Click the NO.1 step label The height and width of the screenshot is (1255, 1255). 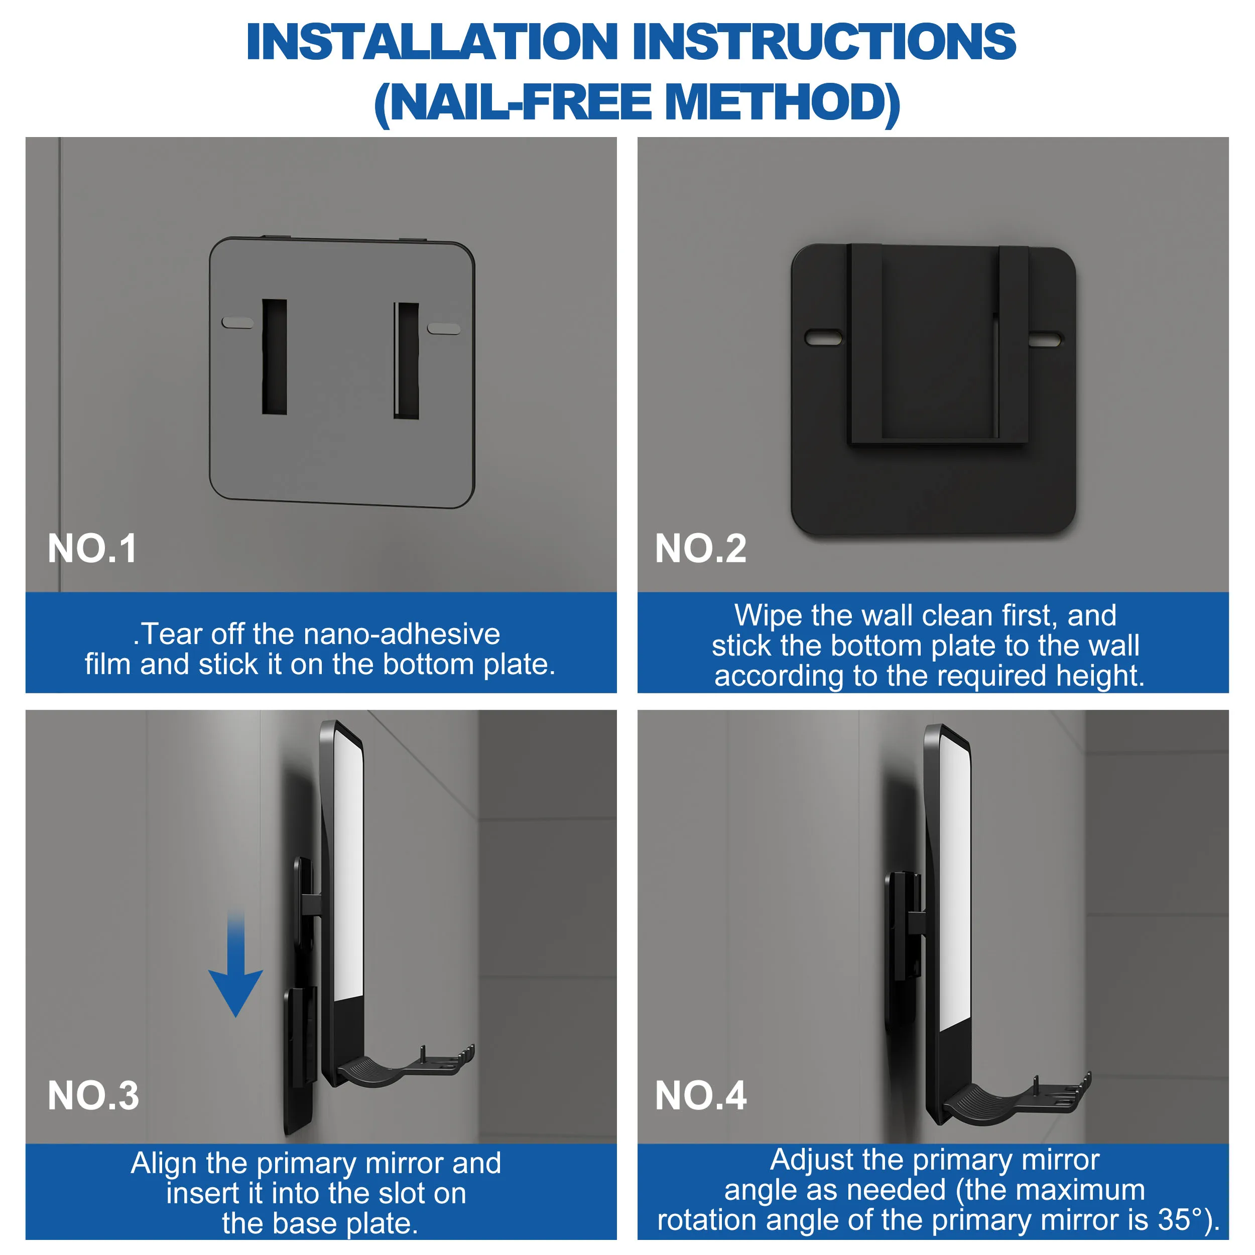[x=92, y=549]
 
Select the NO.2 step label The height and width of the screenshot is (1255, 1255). [x=701, y=549]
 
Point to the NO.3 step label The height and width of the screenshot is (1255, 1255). [x=93, y=1096]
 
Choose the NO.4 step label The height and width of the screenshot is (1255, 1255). [x=701, y=1096]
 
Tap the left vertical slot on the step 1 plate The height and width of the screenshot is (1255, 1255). [x=274, y=356]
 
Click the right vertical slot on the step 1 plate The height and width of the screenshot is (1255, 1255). [x=407, y=360]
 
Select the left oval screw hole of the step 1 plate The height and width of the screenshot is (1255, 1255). [x=237, y=322]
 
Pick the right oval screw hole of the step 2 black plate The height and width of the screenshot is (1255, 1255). [x=1045, y=339]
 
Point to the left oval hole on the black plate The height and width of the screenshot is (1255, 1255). [x=823, y=337]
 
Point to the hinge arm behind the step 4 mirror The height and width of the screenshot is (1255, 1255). [x=916, y=922]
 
